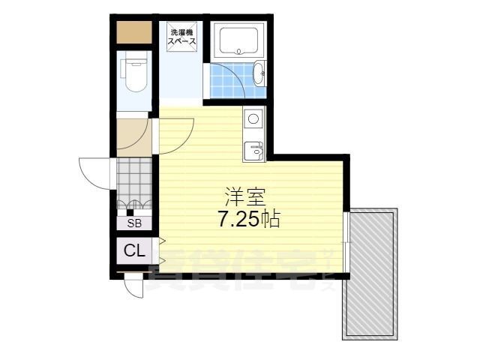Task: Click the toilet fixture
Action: (136, 73)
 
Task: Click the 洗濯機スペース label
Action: (183, 37)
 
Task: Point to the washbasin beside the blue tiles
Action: (259, 73)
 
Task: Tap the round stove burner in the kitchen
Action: (253, 118)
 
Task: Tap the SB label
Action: (134, 223)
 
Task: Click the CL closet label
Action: (134, 251)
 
